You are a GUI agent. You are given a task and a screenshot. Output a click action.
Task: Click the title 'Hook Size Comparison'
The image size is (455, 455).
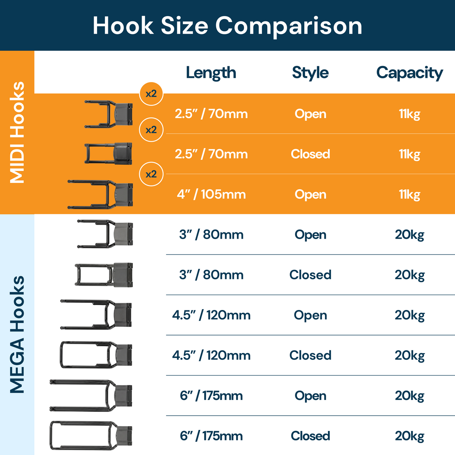[x=227, y=25]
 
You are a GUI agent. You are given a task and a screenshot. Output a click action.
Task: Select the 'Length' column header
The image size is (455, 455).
[x=211, y=73]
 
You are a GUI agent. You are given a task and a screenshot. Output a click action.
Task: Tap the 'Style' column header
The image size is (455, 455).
[x=310, y=73]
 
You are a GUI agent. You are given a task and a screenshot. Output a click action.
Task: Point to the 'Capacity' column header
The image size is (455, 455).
[x=409, y=73]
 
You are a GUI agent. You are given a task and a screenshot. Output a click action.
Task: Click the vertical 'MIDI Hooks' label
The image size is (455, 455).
[x=17, y=132]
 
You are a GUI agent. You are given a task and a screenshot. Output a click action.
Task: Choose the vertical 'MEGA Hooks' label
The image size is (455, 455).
[x=17, y=334]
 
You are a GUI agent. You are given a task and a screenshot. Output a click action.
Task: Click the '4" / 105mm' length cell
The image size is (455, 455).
[x=211, y=195]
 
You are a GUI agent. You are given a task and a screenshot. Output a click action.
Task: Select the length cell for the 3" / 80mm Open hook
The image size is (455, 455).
[x=211, y=235]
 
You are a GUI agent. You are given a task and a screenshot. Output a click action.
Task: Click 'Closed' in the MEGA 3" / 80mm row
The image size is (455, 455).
[x=310, y=275]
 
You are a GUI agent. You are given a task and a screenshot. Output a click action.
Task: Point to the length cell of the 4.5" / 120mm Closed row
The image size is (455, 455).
[x=211, y=355]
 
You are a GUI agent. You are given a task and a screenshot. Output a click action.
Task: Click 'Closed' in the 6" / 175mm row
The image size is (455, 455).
[x=310, y=436]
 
